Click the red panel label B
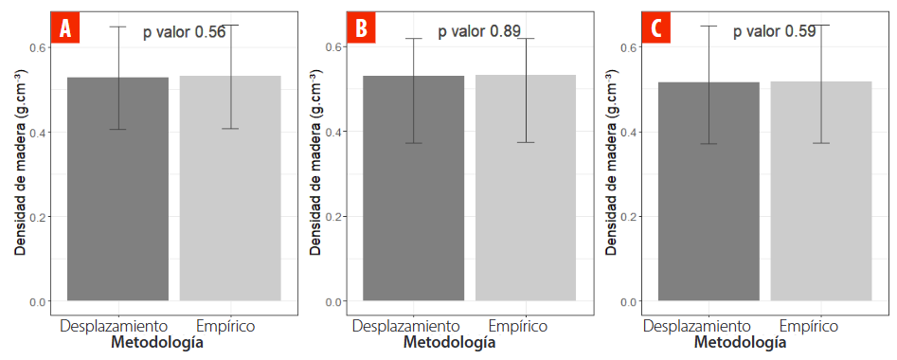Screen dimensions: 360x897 (x=360, y=28)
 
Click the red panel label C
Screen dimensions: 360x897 (x=655, y=28)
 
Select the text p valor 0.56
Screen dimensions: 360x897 (x=184, y=32)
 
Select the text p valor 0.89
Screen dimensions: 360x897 (x=479, y=31)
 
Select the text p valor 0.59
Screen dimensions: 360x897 (x=775, y=31)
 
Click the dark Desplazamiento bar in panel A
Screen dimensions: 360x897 (x=118, y=189)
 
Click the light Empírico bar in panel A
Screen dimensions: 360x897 (x=230, y=189)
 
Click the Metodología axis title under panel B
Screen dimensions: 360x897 (x=449, y=342)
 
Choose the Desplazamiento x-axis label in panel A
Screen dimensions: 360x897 (x=115, y=326)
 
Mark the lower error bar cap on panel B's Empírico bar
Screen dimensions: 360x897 (x=526, y=142)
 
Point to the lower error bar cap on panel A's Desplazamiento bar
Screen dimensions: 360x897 (x=118, y=129)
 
